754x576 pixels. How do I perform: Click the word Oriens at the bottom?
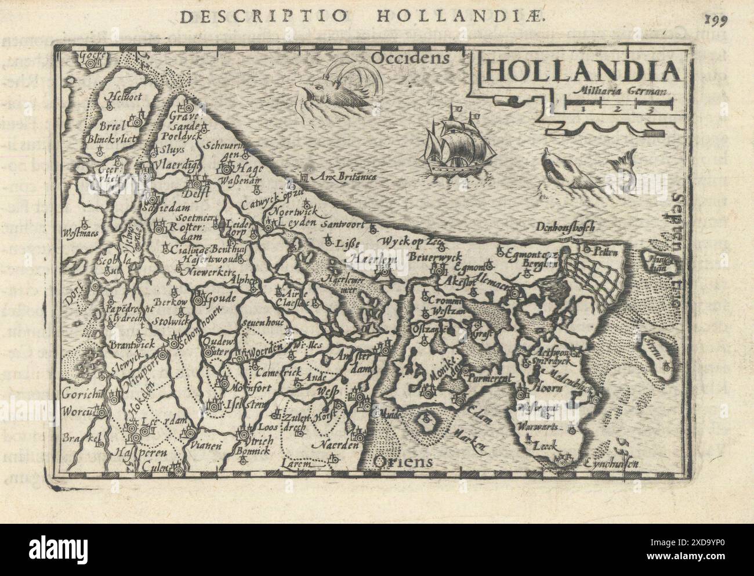click(404, 461)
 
